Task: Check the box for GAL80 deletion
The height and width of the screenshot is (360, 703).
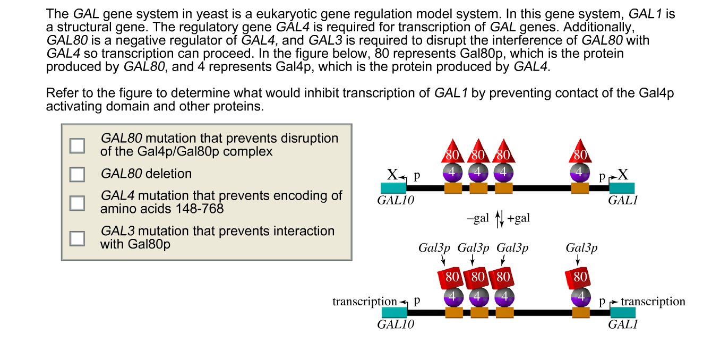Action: click(78, 174)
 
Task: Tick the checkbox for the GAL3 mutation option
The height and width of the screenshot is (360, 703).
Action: click(78, 238)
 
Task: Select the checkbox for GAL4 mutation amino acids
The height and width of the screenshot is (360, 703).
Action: click(78, 202)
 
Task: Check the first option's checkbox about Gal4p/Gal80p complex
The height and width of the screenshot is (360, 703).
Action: click(78, 145)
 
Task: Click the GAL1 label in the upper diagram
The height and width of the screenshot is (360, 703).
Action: click(622, 200)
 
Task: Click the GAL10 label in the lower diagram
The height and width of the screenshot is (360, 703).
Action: click(396, 324)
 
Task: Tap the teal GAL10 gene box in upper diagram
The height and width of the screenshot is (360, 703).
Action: click(393, 187)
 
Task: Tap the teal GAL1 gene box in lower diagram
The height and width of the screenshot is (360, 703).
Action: click(623, 312)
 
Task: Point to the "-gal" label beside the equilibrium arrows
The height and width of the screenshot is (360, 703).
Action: click(477, 219)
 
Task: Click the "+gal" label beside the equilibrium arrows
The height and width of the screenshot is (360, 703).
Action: click(519, 219)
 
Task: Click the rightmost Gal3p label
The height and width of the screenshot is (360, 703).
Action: click(581, 248)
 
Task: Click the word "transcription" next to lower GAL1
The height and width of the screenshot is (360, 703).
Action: click(653, 302)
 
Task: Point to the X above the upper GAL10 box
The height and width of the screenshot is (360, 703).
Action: click(392, 175)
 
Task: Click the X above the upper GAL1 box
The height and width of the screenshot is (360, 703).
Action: click(623, 175)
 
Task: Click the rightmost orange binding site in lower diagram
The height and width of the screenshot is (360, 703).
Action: click(581, 313)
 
